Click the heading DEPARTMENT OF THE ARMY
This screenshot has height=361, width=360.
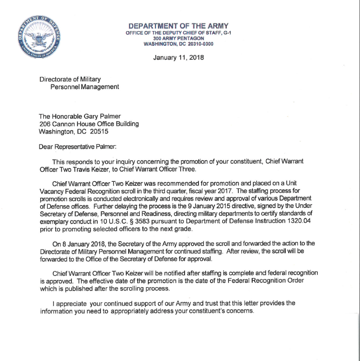tap(178, 26)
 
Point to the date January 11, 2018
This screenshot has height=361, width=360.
tap(178, 58)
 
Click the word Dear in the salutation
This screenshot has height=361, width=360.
tap(47, 147)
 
